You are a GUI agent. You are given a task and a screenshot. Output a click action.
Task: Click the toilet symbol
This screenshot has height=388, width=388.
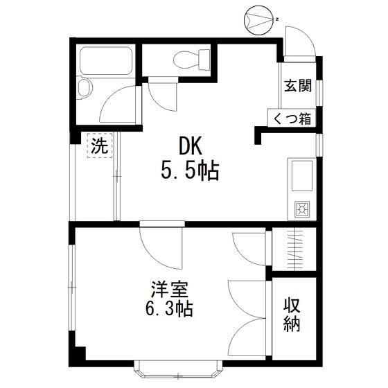point(191,60)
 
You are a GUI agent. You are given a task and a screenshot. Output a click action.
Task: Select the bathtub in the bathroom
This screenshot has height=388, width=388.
point(106,61)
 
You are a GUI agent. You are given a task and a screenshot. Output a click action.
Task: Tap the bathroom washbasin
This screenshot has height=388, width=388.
point(84,87)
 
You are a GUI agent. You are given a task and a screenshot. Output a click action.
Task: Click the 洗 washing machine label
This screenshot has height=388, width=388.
point(100,145)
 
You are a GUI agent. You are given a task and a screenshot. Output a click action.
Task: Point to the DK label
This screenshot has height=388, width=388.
point(191,145)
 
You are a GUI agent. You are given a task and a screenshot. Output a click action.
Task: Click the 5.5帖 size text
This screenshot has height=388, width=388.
point(190,170)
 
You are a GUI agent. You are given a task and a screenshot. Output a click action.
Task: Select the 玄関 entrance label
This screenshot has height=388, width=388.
point(298,86)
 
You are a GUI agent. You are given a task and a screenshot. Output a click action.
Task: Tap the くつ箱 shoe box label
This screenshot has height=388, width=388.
point(292,118)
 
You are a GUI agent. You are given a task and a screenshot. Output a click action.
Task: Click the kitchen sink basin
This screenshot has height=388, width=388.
point(302,176)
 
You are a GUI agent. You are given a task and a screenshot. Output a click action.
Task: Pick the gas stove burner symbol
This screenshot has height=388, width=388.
point(302,209)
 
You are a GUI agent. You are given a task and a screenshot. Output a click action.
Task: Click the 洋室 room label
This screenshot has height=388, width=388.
point(170,290)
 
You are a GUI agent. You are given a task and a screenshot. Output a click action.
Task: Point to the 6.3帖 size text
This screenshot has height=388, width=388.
point(169,308)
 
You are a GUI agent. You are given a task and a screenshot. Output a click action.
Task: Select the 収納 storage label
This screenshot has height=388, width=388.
point(292,315)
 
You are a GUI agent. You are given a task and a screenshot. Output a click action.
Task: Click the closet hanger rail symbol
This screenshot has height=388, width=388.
point(295,250)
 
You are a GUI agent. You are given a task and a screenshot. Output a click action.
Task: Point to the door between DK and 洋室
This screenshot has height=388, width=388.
point(161,248)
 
